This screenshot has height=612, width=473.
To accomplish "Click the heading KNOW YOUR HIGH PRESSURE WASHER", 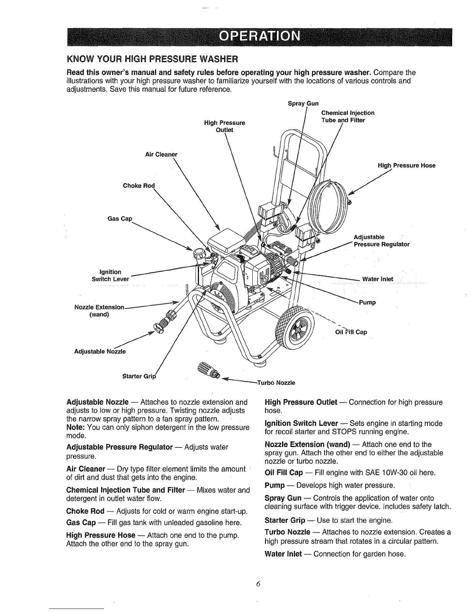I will coord(152,59).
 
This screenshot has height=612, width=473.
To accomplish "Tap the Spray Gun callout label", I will coord(303,104).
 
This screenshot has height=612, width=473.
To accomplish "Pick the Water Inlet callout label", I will coord(378,279).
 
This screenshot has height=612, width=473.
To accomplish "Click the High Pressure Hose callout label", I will coord(407,165).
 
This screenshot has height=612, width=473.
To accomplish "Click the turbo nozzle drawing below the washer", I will coord(208,370).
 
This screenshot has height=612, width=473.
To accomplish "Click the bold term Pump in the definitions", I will coord(275,485).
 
